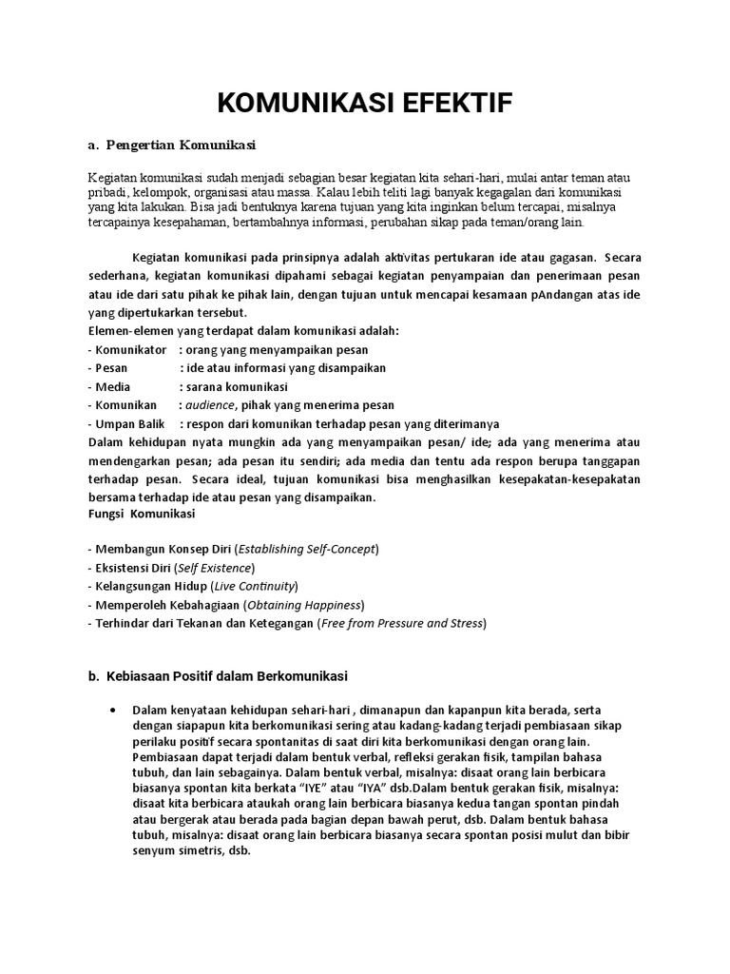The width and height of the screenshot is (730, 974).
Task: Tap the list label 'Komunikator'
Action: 131,350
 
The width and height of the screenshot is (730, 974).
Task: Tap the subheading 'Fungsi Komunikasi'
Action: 142,514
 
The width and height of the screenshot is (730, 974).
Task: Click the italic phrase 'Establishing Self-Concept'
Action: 307,549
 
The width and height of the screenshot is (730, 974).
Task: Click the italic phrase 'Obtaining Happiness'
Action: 304,605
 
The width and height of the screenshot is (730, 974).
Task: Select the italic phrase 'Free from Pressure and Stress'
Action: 403,624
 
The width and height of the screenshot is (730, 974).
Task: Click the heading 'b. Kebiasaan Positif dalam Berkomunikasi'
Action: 218,677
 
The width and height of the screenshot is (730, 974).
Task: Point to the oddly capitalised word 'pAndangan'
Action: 545,296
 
